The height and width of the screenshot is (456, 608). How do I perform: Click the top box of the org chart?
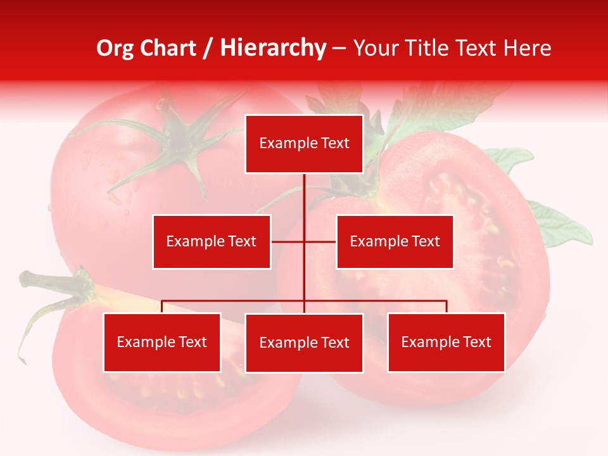tap(304, 144)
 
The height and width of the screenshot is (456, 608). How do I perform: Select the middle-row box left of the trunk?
tap(212, 241)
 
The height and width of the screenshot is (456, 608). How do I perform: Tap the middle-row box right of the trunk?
tap(395, 241)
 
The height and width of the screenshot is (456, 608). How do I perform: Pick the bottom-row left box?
tap(162, 342)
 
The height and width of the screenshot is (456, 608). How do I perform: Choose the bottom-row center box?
tap(304, 343)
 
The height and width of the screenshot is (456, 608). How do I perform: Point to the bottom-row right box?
tap(446, 342)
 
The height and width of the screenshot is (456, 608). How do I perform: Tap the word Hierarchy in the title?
tap(272, 48)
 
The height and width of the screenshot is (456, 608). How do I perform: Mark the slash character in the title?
tap(208, 48)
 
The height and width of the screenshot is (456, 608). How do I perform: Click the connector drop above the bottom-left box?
tap(162, 307)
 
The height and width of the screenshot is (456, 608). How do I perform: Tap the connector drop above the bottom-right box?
tap(446, 307)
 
